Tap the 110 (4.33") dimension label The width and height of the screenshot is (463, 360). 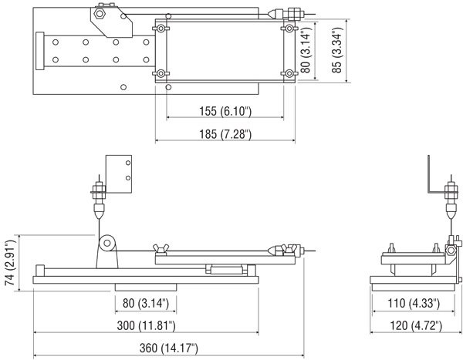408,302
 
